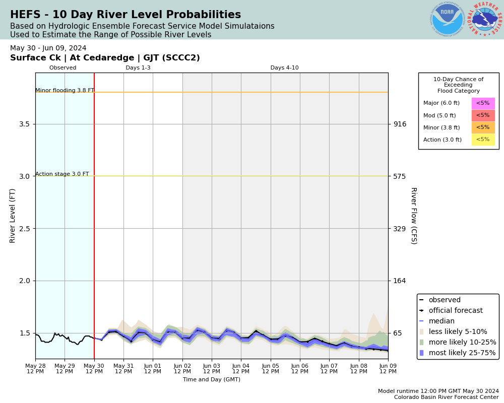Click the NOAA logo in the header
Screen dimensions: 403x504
(x=447, y=19)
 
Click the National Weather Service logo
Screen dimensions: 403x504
(x=484, y=19)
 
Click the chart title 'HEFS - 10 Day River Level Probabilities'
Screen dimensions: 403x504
(x=125, y=15)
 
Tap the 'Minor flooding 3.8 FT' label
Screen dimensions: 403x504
(x=65, y=91)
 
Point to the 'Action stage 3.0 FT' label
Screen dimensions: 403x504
(x=62, y=174)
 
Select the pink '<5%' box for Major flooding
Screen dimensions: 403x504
(x=483, y=103)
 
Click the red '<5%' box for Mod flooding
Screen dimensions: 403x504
(x=483, y=115)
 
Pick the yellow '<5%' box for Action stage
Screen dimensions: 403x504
(x=483, y=140)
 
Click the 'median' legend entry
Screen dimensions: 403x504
(x=443, y=321)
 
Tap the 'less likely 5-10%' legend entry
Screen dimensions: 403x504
(x=458, y=332)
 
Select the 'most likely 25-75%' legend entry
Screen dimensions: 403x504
(x=462, y=353)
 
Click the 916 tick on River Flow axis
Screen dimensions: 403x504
(x=400, y=124)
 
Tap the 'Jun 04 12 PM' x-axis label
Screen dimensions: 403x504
(x=241, y=369)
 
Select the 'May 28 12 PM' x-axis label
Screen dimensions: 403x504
(x=35, y=369)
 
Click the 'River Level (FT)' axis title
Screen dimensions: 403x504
(x=13, y=216)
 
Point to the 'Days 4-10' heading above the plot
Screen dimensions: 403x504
(x=284, y=68)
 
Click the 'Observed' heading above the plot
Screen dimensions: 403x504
(x=63, y=68)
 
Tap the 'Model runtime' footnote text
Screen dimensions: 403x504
(x=438, y=391)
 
